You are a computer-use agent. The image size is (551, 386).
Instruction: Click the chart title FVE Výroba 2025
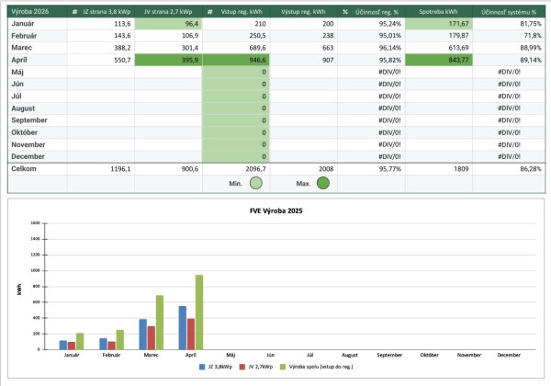tap(276, 210)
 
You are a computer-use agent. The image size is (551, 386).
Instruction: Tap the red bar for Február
tap(112, 346)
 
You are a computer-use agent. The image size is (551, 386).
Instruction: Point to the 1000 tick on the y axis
tap(35, 271)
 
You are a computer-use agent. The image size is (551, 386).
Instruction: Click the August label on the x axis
tap(350, 355)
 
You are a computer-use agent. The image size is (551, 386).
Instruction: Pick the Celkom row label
tap(24, 169)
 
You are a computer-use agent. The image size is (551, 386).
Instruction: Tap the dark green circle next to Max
tap(322, 183)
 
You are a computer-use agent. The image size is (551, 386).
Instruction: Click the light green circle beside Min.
tap(256, 183)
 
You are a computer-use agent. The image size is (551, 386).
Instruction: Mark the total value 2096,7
tap(235, 169)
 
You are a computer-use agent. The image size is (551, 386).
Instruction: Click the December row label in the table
tap(29, 155)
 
